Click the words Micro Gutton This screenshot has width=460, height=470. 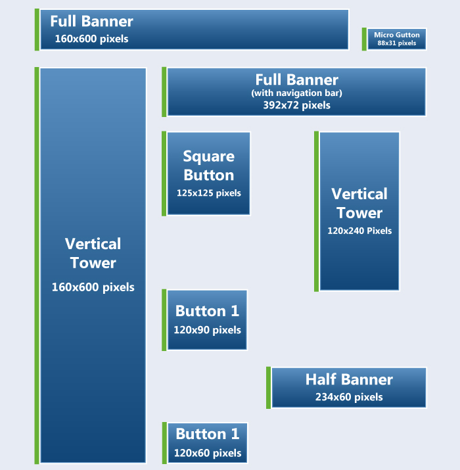396,35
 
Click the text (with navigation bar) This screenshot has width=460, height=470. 296,93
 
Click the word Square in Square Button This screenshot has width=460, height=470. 209,156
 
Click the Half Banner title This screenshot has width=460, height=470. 349,379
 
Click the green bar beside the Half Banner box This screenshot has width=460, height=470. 269,388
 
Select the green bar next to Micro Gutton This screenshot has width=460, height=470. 364,39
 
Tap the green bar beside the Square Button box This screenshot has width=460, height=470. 164,174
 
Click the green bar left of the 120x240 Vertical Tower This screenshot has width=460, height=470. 317,211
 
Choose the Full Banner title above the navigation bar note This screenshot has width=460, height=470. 296,80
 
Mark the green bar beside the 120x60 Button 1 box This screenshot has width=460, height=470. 164,443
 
